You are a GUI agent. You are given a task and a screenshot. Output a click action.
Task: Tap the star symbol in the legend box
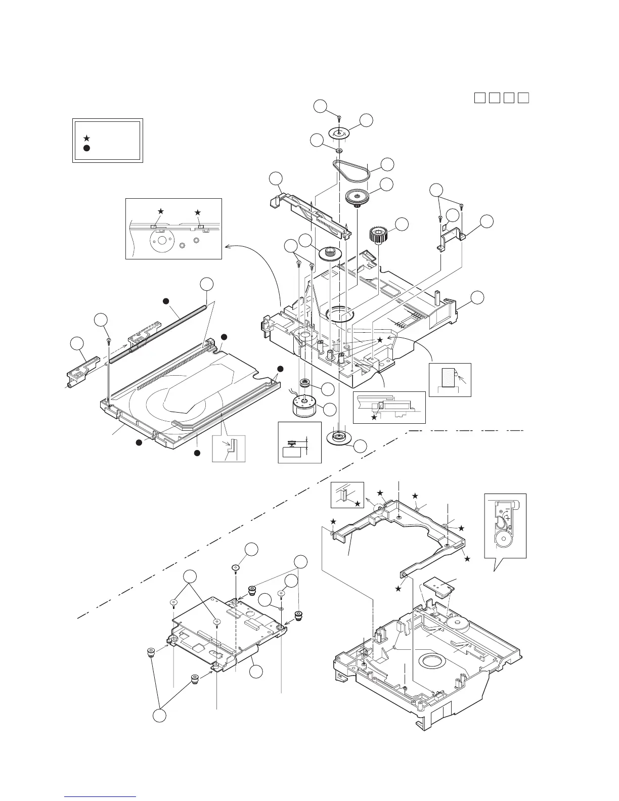click(x=87, y=138)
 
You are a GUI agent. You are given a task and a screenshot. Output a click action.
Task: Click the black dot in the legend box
click(x=87, y=148)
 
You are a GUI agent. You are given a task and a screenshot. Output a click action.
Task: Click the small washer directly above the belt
click(x=339, y=150)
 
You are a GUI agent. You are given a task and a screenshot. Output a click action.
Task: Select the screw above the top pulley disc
click(x=338, y=118)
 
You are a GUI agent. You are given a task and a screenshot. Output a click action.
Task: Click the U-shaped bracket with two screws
click(x=452, y=238)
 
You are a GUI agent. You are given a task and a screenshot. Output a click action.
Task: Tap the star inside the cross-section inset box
click(x=374, y=417)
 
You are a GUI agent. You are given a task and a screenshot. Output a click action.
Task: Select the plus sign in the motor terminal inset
click(x=507, y=518)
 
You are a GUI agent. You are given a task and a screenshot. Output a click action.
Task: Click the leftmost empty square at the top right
click(x=479, y=98)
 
